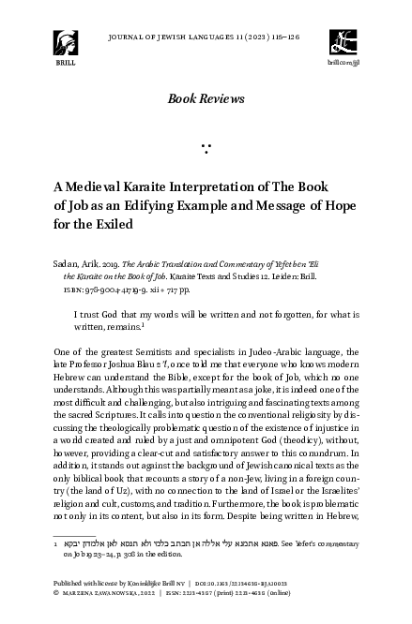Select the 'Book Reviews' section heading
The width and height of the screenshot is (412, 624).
(206, 98)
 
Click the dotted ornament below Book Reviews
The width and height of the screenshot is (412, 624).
(206, 148)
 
